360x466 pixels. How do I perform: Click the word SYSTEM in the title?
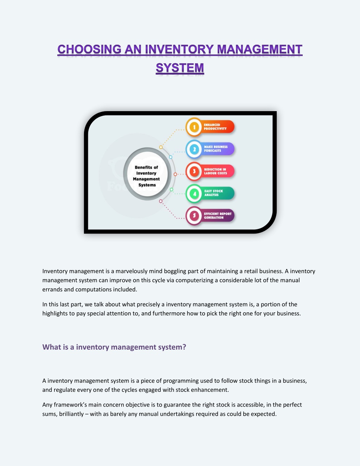tap(180, 68)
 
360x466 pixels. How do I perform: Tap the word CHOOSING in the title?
tap(89, 49)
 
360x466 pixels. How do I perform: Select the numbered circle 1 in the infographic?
tap(194, 127)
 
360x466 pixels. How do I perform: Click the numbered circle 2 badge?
tap(194, 149)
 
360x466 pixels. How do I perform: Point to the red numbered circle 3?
tap(194, 171)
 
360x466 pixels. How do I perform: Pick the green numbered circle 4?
tap(194, 194)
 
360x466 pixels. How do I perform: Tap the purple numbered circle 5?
tap(194, 216)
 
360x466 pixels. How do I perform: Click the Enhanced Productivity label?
tap(215, 127)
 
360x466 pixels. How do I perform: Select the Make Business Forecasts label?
tap(216, 149)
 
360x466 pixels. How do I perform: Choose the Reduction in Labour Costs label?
tap(216, 171)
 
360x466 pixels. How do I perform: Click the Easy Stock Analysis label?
tap(213, 193)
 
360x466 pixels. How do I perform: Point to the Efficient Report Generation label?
tap(218, 216)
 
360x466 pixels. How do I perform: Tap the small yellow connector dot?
tap(161, 147)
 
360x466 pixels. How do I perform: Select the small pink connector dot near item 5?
tap(161, 201)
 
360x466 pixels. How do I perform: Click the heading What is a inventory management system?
tap(114, 347)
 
